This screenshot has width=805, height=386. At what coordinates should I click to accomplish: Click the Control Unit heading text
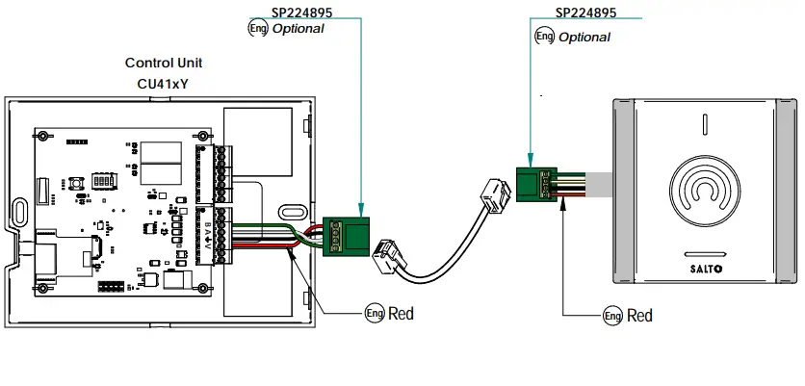164,63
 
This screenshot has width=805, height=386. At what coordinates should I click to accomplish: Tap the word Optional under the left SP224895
298,29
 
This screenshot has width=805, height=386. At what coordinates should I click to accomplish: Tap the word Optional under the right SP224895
584,37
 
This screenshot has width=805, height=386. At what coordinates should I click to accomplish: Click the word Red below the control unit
401,314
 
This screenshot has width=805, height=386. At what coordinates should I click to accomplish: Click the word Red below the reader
639,316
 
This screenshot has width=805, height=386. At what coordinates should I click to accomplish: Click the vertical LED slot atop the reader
705,124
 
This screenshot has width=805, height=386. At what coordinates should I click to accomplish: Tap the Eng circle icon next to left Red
374,314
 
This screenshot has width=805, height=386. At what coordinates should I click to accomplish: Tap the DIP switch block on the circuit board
103,180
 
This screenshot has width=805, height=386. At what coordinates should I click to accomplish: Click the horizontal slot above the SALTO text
705,253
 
